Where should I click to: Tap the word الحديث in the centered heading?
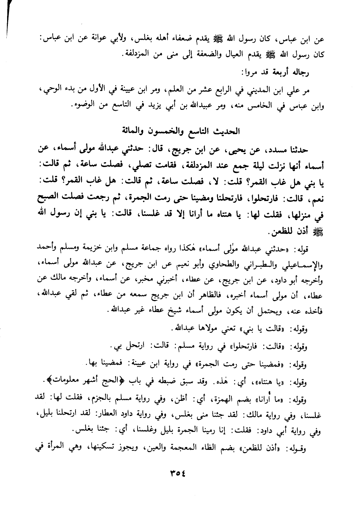tap(224, 131)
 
